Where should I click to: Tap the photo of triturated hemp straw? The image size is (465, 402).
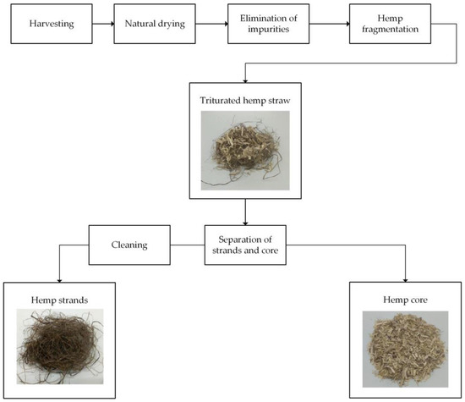tap(244, 150)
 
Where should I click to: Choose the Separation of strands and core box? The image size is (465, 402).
tap(245, 246)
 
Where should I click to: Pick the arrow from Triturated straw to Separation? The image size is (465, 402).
tap(245, 212)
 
